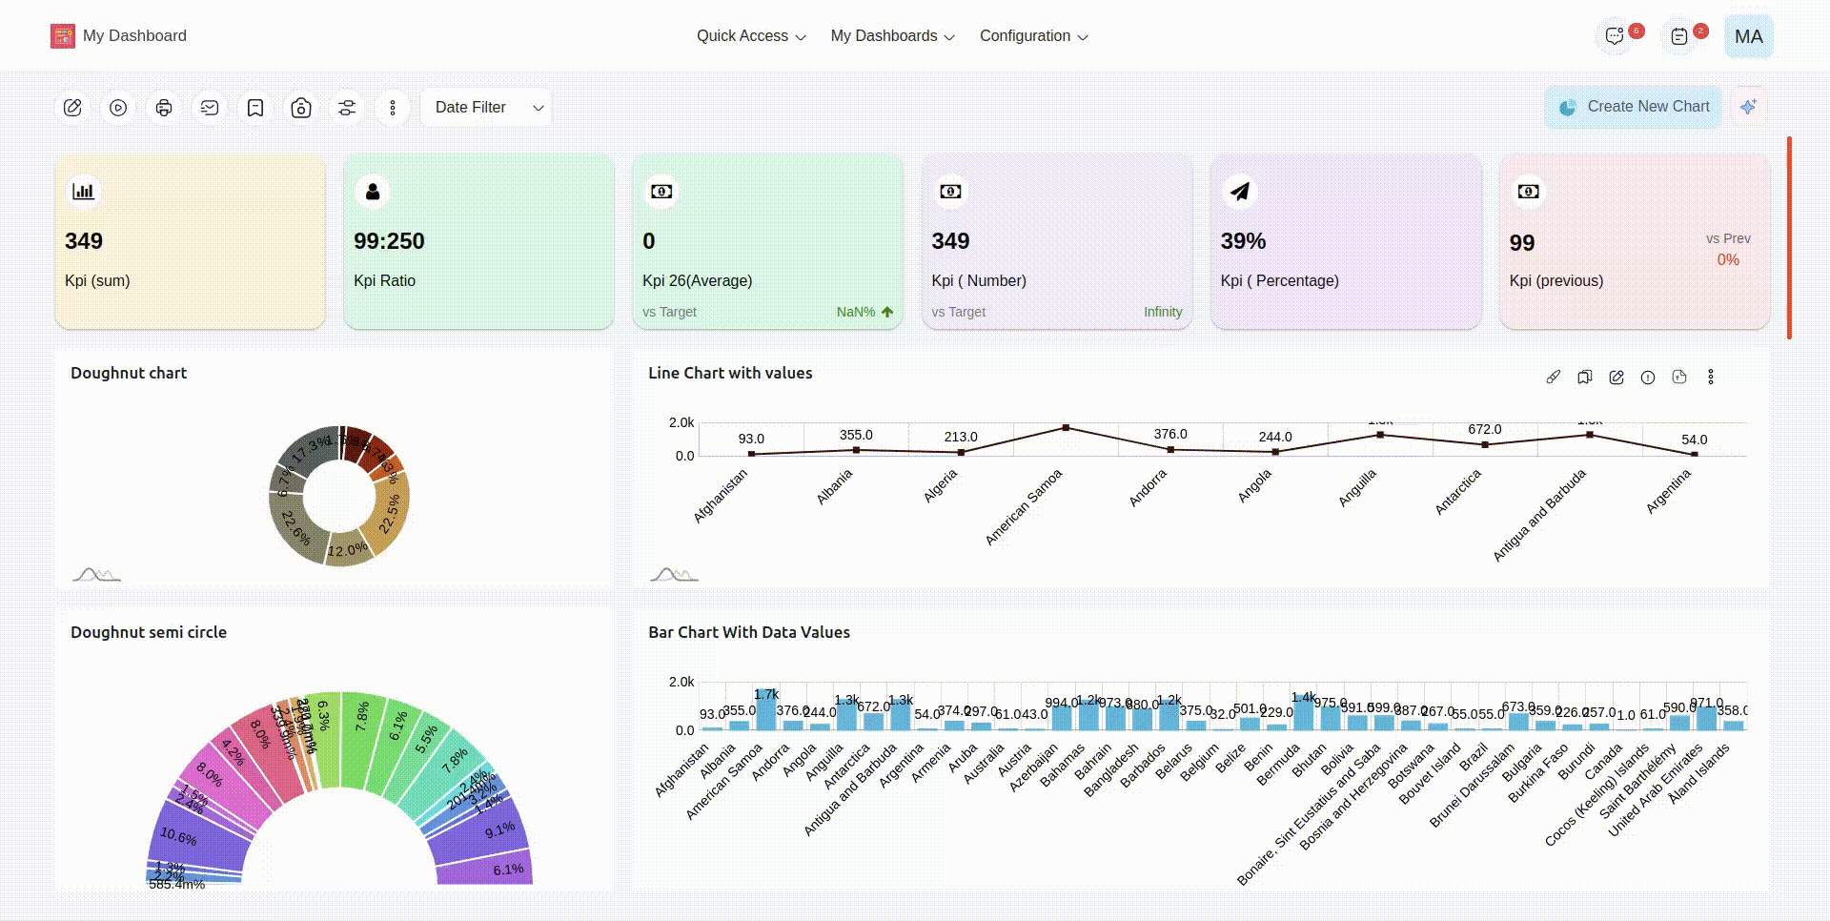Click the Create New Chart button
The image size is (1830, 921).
coord(1633,107)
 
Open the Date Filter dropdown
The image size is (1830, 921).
coord(487,108)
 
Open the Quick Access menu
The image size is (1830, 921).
coord(750,36)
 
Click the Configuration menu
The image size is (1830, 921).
coord(1033,36)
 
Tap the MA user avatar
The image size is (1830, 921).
coord(1748,36)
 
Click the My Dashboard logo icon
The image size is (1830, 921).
coord(63,36)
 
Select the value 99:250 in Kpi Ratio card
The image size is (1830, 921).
coord(389,241)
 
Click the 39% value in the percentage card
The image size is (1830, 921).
coord(1243,241)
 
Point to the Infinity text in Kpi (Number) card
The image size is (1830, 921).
coord(1162,312)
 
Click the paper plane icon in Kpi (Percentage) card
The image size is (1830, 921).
coord(1239,192)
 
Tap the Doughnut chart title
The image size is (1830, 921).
coord(129,373)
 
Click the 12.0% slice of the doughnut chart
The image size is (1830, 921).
coord(347,550)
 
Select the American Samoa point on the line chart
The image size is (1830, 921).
coord(1066,428)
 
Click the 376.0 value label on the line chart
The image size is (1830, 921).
coord(1170,434)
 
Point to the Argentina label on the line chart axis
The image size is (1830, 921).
coord(1668,492)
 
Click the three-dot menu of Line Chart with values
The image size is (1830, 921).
coord(1711,378)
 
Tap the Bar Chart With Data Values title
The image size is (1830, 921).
coord(749,632)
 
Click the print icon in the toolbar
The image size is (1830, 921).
coord(164,108)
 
